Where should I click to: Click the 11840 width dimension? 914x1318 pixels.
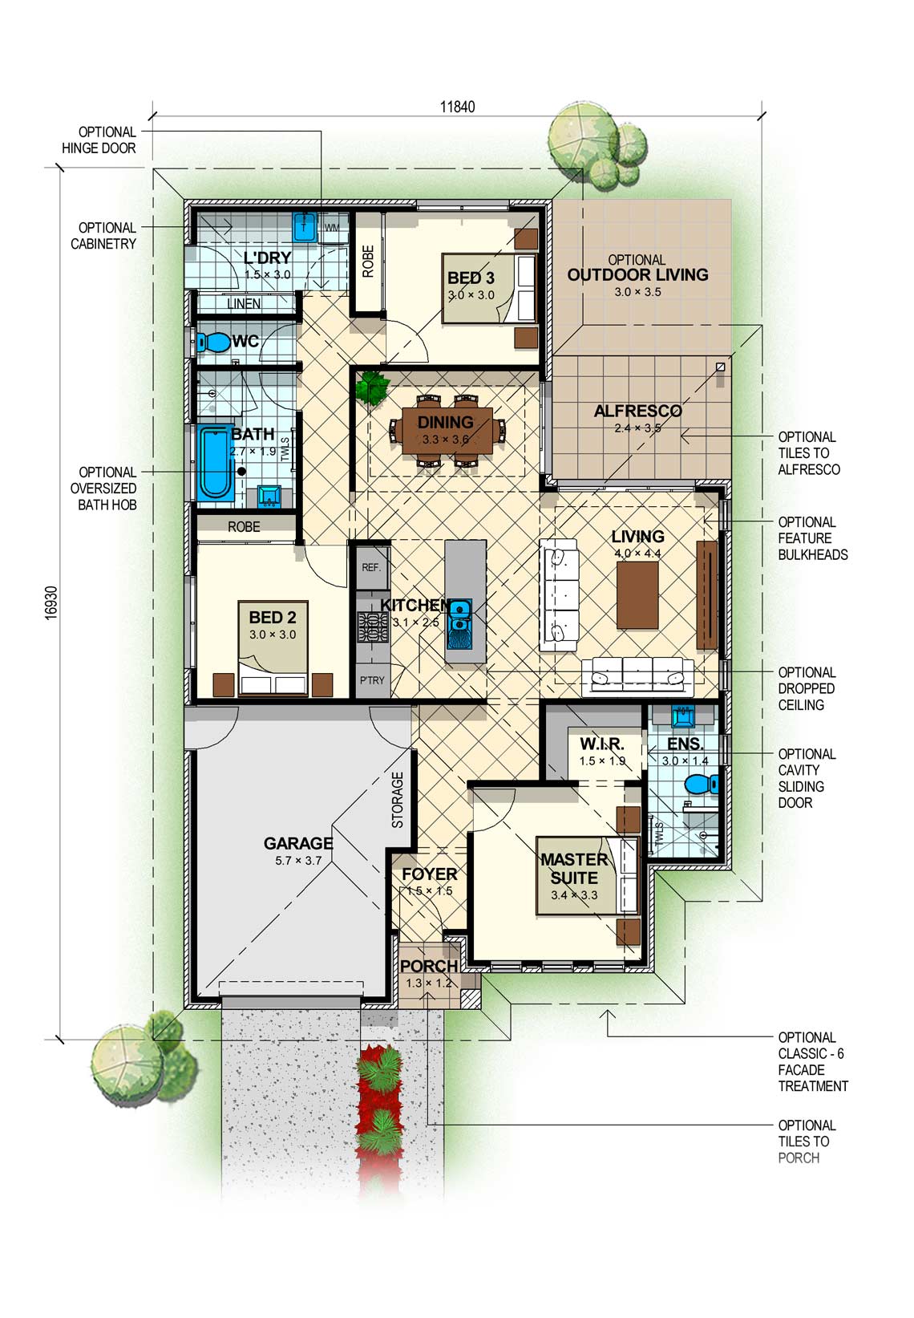(457, 107)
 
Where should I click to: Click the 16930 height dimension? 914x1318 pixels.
(51, 602)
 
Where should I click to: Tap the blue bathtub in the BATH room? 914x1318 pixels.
(215, 463)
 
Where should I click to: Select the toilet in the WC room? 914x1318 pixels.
(212, 342)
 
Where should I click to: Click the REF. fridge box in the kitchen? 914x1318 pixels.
(371, 567)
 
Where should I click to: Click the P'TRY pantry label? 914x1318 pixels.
(372, 680)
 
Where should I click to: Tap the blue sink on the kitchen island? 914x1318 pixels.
(460, 624)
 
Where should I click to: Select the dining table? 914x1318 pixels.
(448, 432)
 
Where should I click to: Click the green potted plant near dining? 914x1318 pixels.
(372, 387)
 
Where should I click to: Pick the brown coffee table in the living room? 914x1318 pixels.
(637, 595)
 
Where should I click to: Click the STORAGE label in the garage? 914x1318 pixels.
(398, 800)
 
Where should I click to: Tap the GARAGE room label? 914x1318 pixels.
(297, 843)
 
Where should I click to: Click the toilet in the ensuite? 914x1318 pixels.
(702, 784)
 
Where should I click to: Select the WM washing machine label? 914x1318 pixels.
(332, 228)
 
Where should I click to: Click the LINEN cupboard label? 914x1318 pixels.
(244, 303)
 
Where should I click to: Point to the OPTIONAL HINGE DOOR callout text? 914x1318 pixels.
(99, 140)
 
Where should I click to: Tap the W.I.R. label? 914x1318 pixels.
(601, 744)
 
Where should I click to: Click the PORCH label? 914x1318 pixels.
(429, 966)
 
